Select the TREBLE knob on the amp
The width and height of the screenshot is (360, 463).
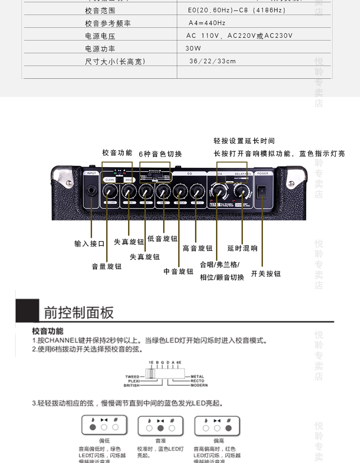(x=197, y=190)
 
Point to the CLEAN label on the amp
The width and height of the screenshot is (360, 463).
(x=109, y=180)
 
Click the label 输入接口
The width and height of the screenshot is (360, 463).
(x=90, y=244)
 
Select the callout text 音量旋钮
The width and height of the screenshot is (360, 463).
(x=107, y=266)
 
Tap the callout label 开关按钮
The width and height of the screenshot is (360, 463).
(x=266, y=274)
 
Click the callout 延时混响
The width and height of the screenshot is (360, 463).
(x=242, y=248)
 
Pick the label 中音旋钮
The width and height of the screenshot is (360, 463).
(x=179, y=271)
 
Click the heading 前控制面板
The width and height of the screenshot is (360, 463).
(x=78, y=313)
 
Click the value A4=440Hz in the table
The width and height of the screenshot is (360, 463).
(x=207, y=23)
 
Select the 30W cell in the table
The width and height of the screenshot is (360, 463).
(x=193, y=48)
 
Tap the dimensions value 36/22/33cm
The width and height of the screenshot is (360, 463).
(x=213, y=61)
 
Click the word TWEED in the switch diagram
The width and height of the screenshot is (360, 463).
(x=132, y=377)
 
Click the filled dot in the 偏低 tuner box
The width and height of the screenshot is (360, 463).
(x=93, y=427)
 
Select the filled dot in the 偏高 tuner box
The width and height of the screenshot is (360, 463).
(x=228, y=427)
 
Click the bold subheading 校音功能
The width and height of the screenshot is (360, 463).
(x=48, y=331)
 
